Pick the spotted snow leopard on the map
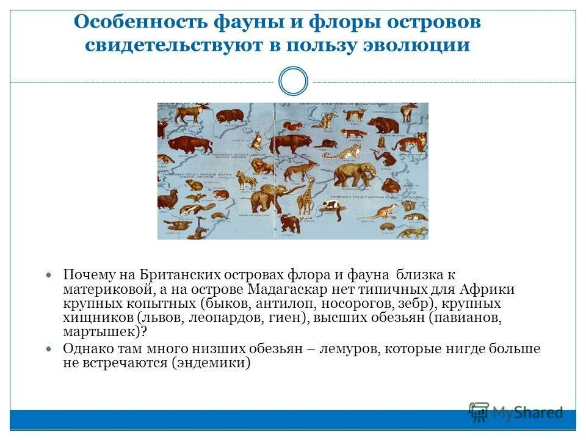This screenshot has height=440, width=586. (x=349, y=152)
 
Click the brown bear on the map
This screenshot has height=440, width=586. (x=382, y=126)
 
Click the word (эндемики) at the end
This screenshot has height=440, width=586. (x=211, y=362)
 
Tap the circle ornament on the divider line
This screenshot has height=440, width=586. (x=293, y=81)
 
